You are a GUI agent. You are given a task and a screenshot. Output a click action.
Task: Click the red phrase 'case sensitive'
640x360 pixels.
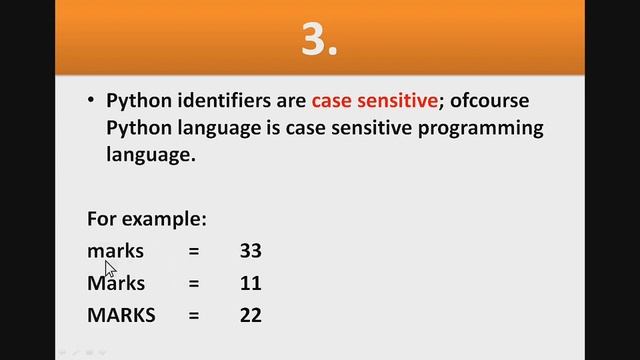(375, 100)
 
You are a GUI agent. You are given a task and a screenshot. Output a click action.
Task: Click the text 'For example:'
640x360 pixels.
(147, 218)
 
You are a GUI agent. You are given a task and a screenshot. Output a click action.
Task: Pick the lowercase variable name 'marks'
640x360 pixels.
(116, 250)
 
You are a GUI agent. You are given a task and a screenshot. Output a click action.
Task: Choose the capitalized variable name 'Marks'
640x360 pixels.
(117, 282)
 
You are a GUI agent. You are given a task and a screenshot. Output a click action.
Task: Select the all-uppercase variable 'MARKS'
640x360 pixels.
(121, 315)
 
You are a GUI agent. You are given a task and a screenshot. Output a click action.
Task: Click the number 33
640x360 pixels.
(250, 250)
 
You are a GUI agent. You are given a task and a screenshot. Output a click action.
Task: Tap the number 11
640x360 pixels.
(250, 282)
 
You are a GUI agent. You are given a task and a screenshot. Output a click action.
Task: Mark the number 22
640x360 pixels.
(250, 315)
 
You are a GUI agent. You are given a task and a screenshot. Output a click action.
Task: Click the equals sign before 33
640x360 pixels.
(194, 251)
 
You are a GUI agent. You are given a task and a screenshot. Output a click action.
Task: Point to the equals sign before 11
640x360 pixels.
(194, 283)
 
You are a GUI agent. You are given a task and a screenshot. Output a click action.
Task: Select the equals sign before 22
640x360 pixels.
(194, 316)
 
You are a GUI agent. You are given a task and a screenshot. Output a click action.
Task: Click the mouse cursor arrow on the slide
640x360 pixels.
(110, 268)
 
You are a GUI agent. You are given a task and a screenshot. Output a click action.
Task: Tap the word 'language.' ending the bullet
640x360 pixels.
(150, 156)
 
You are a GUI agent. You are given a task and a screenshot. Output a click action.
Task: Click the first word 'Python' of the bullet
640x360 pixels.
(137, 100)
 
